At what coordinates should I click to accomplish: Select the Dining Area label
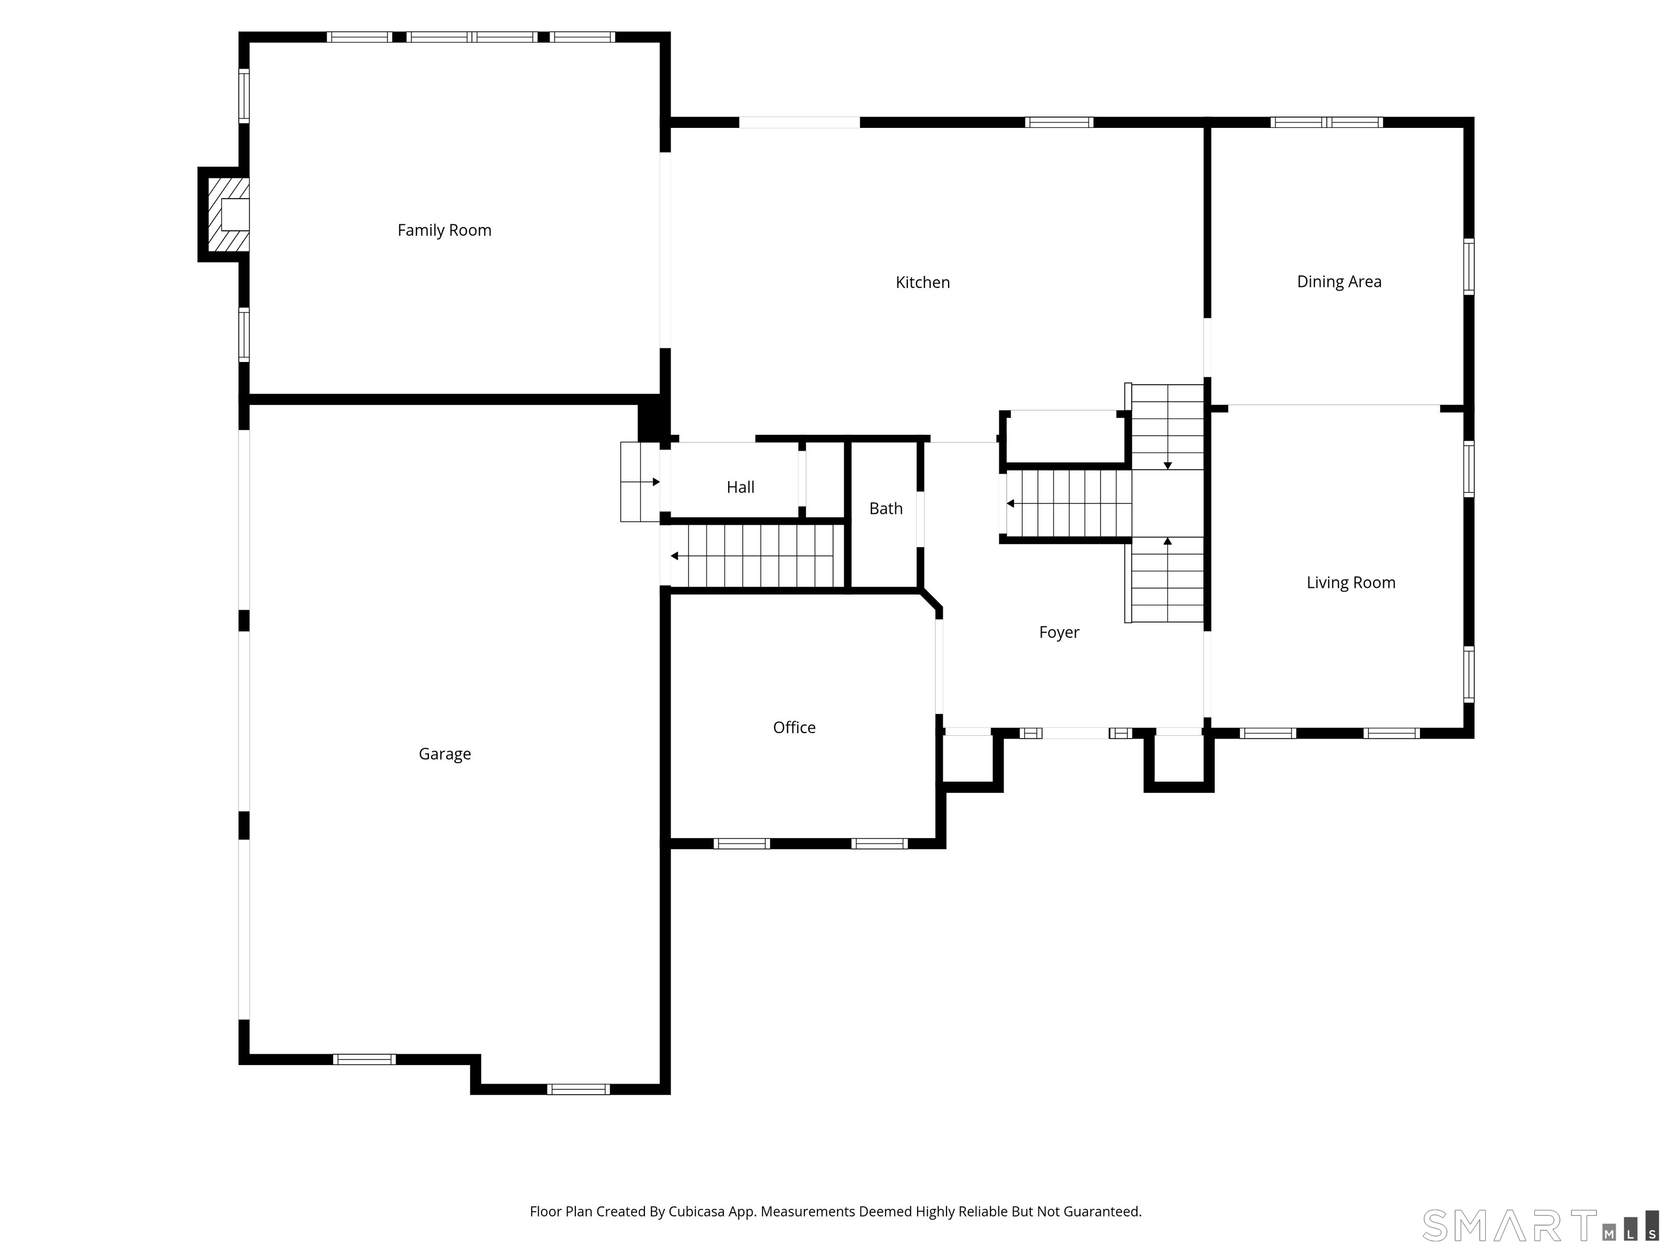click(x=1339, y=282)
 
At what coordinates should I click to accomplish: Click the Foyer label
click(x=1059, y=632)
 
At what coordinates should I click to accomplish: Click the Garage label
click(x=445, y=754)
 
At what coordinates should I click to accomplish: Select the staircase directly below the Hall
click(x=754, y=556)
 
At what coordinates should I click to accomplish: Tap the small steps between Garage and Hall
click(x=640, y=482)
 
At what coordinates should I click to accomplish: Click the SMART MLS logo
click(x=1540, y=1225)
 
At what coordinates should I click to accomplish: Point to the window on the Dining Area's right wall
click(x=1468, y=266)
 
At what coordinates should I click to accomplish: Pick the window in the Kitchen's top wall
click(x=1059, y=122)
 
